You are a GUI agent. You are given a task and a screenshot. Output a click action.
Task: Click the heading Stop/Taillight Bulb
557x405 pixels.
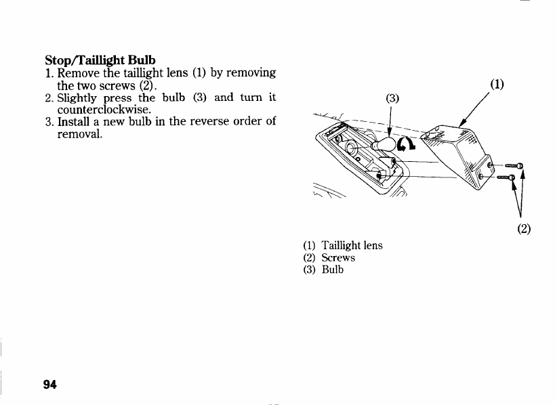pyautogui.click(x=100, y=60)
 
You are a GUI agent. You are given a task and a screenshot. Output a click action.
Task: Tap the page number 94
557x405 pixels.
pyautogui.click(x=49, y=385)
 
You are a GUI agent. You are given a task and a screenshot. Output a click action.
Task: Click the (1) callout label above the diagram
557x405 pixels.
pyautogui.click(x=497, y=85)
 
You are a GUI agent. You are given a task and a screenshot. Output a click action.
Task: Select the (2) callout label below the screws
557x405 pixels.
pyautogui.click(x=523, y=228)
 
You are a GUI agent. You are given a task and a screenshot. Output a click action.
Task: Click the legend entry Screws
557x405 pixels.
pyautogui.click(x=338, y=257)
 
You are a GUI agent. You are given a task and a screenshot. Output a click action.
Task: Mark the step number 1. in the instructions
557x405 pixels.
pyautogui.click(x=49, y=72)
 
